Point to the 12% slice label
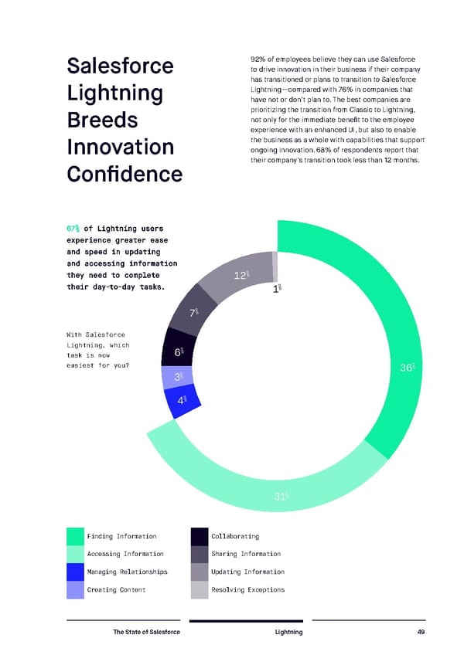pyautogui.click(x=241, y=276)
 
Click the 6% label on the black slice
pyautogui.click(x=179, y=352)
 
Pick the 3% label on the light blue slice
pyautogui.click(x=178, y=377)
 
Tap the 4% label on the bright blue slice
pyautogui.click(x=182, y=401)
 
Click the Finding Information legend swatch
pyautogui.click(x=75, y=536)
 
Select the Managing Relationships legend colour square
pyautogui.click(x=75, y=572)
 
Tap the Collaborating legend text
pyautogui.click(x=234, y=536)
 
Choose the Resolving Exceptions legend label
pyautogui.click(x=247, y=590)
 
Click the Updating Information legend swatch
pyautogui.click(x=199, y=572)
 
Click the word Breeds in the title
pyautogui.click(x=102, y=121)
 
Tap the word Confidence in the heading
pyautogui.click(x=125, y=175)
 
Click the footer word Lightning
pyautogui.click(x=288, y=633)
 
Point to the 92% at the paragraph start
pyautogui.click(x=259, y=59)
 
